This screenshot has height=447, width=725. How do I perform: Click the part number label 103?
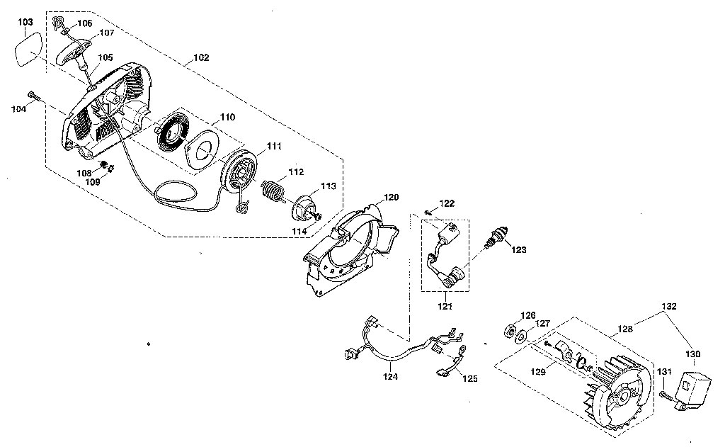click(25, 23)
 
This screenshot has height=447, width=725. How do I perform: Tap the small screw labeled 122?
click(429, 212)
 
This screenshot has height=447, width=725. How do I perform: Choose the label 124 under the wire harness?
click(390, 377)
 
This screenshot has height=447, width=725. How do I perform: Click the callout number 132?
click(670, 307)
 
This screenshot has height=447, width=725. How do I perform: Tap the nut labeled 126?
click(509, 330)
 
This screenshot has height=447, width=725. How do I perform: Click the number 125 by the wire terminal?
click(469, 378)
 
